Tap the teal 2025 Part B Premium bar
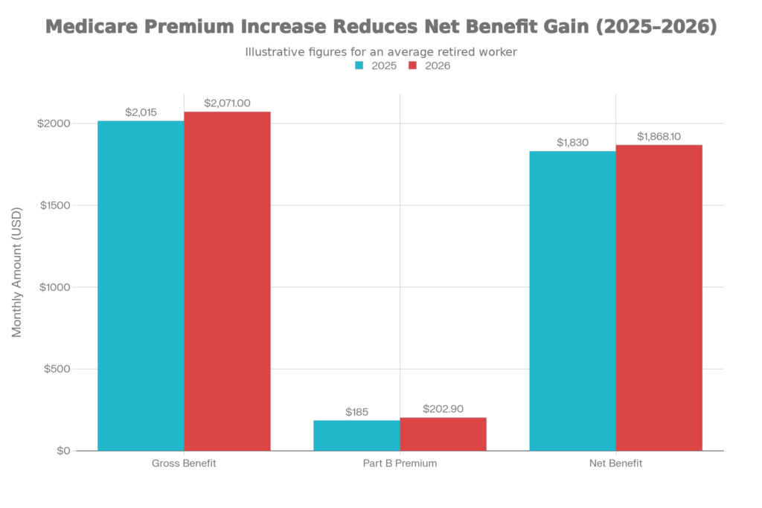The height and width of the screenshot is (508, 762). (356, 435)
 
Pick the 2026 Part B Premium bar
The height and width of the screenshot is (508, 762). (444, 434)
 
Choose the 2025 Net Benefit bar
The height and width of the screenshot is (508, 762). (572, 300)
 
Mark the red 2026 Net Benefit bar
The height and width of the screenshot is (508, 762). (659, 297)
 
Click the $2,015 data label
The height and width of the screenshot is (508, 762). (141, 112)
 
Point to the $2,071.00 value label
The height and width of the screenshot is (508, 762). (228, 103)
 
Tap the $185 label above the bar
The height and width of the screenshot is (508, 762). (357, 412)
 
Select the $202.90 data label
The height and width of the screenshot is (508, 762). (444, 408)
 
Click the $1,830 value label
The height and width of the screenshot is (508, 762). (572, 143)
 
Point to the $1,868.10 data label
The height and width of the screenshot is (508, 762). (659, 137)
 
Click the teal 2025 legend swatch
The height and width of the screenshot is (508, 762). (359, 65)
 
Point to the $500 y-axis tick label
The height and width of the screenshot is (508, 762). (56, 369)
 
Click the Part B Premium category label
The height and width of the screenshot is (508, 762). (400, 463)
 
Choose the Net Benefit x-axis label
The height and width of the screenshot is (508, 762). (615, 463)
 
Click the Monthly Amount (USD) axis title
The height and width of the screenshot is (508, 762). (17, 271)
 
